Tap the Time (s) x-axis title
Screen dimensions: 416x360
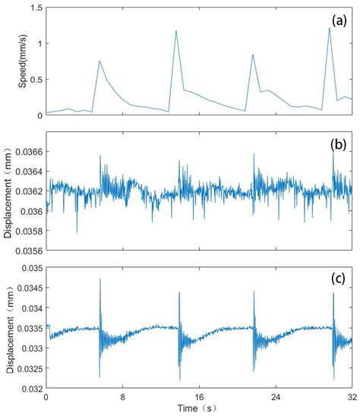(198, 408)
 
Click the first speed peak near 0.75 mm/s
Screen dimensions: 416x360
(99, 61)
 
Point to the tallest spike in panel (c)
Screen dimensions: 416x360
(100, 279)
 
